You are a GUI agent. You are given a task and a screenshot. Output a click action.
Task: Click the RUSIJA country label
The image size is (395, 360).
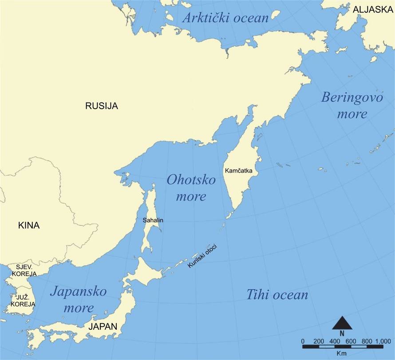[102, 106]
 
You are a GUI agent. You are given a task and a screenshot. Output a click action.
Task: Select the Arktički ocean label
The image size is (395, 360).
[226, 18]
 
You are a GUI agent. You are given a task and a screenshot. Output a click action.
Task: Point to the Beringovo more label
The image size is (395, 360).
[352, 105]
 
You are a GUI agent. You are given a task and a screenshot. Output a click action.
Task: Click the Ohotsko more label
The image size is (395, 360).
[191, 187]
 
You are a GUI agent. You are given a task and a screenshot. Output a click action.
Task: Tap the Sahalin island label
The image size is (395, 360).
[152, 220]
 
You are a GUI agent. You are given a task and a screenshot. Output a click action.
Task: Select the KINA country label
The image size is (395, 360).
[29, 225]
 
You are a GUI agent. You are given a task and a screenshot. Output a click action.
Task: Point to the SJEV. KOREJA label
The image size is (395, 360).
[26, 270]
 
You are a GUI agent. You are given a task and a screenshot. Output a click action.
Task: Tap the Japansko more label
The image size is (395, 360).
[78, 300]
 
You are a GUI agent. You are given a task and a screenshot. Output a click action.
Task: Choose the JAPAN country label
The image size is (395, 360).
[103, 327]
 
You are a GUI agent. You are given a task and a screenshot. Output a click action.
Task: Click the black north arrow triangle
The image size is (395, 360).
[342, 323]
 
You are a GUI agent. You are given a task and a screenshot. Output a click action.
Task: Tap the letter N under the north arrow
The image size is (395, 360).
[342, 333]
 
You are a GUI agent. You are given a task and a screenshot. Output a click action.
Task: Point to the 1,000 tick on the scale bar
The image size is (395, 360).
[383, 341]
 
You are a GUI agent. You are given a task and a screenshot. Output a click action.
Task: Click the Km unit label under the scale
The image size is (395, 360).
[341, 353]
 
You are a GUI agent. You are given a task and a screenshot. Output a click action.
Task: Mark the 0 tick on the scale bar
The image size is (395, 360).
[303, 341]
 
